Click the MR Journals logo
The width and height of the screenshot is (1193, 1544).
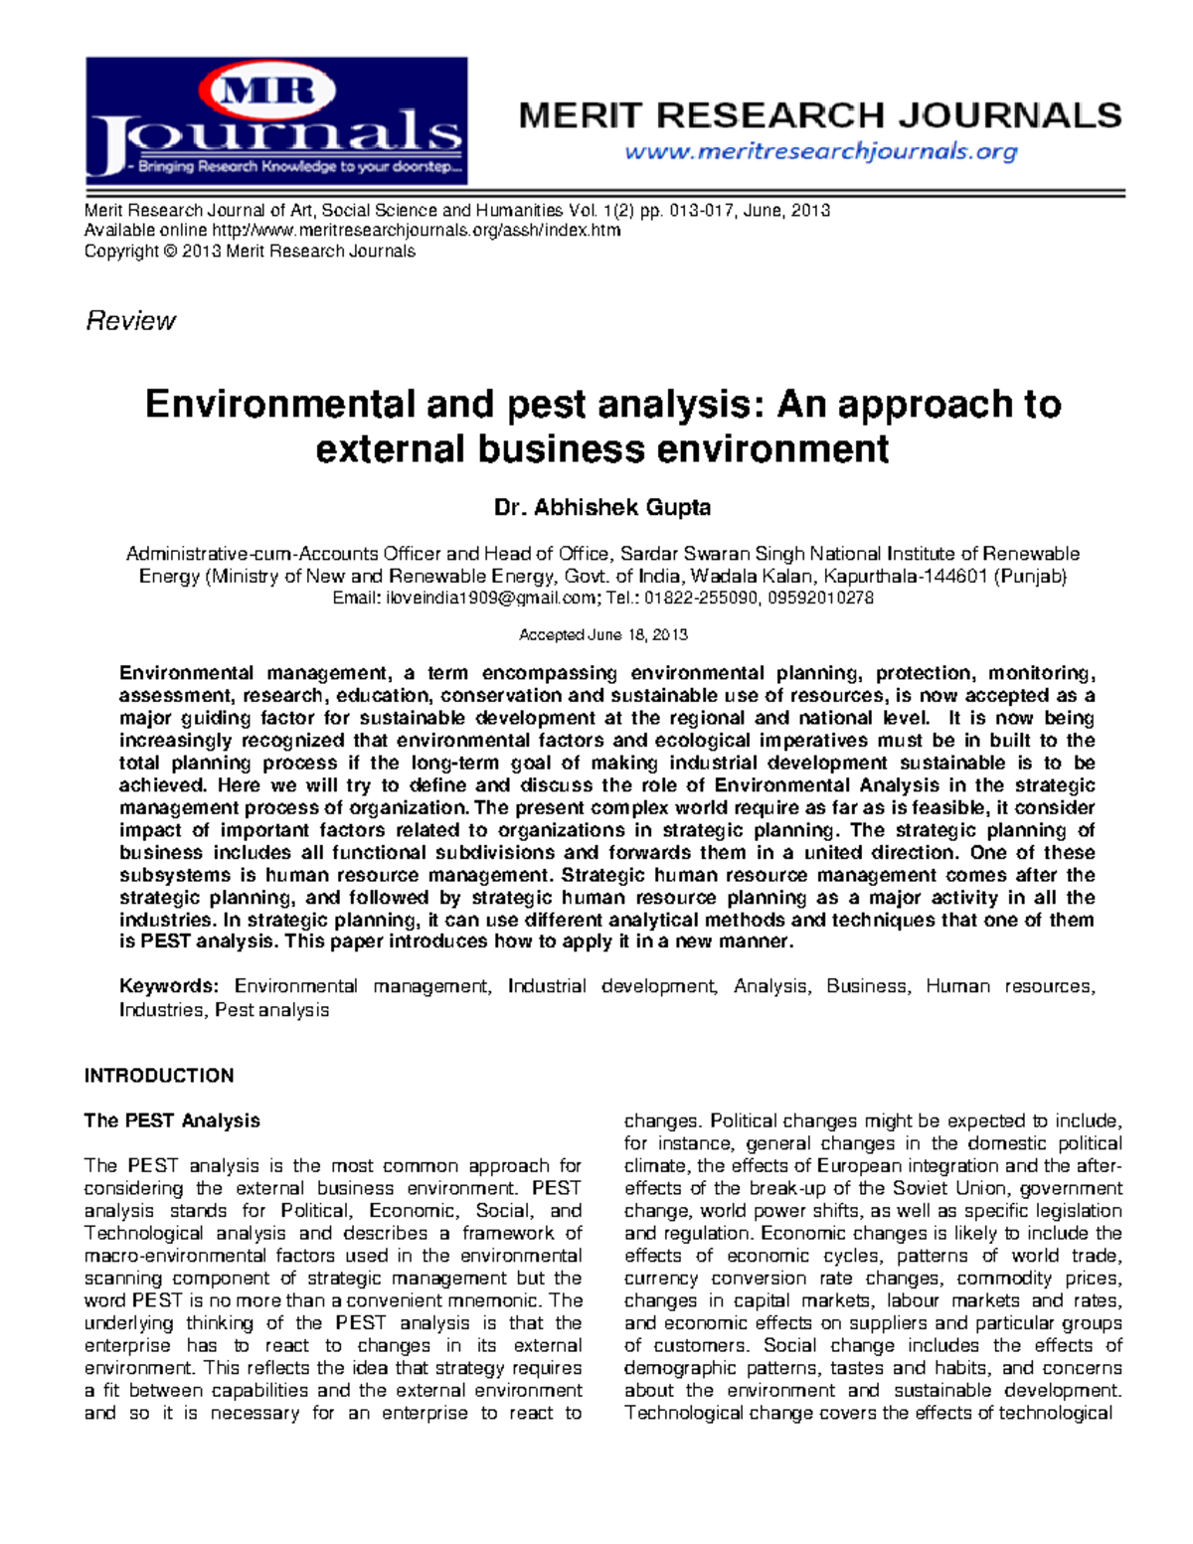(x=275, y=120)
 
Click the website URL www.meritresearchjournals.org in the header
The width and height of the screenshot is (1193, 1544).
(x=820, y=151)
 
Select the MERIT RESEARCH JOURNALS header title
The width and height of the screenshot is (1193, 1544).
(x=820, y=115)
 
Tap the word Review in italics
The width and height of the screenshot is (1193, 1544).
(x=130, y=321)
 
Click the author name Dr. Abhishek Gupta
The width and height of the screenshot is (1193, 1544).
(x=602, y=508)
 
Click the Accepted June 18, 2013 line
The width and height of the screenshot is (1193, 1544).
(x=602, y=635)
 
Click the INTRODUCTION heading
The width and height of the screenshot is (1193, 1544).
(x=159, y=1076)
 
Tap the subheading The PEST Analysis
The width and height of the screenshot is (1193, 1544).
(x=172, y=1120)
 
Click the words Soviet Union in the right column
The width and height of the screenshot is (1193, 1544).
(x=949, y=1188)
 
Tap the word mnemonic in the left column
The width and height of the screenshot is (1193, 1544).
(x=493, y=1300)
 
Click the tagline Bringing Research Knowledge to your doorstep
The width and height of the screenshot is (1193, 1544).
(x=298, y=167)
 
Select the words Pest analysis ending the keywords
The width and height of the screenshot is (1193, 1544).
(x=271, y=1010)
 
